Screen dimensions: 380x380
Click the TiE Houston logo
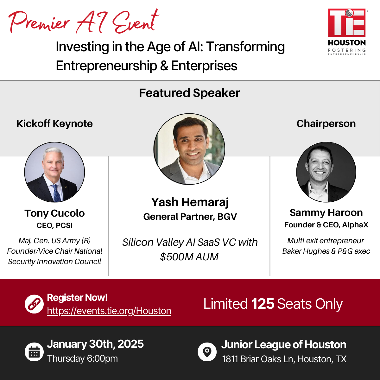click(347, 32)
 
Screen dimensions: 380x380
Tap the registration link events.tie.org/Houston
click(109, 311)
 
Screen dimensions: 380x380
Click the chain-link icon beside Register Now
click(34, 304)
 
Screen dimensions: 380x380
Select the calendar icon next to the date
click(34, 352)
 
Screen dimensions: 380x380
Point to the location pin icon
click(207, 352)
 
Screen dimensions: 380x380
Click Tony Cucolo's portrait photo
click(54, 172)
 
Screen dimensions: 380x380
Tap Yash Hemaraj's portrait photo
click(189, 149)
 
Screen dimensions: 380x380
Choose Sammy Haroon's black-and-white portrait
click(326, 172)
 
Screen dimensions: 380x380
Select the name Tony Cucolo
click(54, 213)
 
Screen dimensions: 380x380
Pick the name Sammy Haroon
click(326, 212)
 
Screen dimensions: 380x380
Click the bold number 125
click(263, 304)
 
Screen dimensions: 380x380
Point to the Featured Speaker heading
click(189, 93)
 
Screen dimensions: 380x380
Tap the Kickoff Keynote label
click(54, 124)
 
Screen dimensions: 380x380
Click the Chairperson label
click(326, 124)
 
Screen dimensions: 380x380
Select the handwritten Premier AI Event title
click(84, 22)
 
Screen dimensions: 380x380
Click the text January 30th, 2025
click(95, 344)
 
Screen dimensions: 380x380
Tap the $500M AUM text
click(189, 257)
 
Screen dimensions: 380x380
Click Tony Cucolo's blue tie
click(57, 193)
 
